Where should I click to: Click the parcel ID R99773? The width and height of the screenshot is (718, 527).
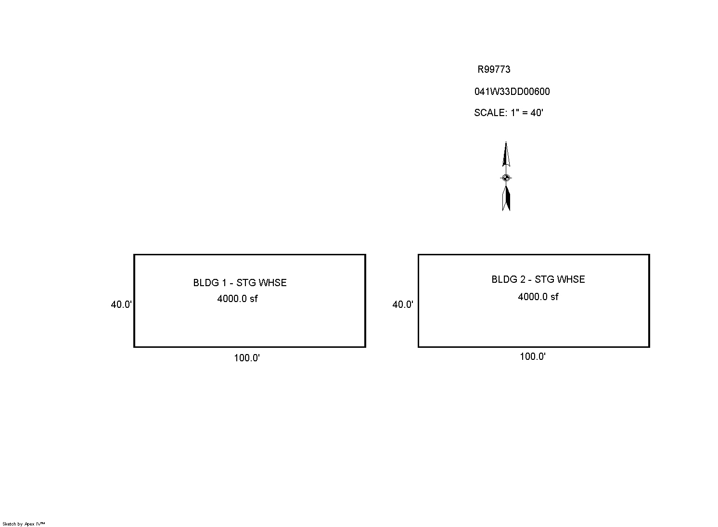(494, 69)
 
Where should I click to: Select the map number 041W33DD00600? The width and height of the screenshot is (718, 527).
(512, 92)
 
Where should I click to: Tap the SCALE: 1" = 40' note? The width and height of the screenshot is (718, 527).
(509, 113)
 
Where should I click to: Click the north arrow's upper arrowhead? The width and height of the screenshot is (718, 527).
(506, 154)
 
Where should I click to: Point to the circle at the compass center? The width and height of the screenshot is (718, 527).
(506, 178)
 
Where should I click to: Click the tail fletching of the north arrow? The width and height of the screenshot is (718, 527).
(506, 198)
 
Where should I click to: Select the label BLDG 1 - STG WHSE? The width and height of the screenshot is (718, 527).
(240, 283)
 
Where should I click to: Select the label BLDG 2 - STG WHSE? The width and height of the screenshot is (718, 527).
(538, 279)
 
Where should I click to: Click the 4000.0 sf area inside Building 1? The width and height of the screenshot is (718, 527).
(237, 299)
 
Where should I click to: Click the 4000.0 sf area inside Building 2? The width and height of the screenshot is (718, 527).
(538, 297)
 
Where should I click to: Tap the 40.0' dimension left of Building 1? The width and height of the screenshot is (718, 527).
(121, 304)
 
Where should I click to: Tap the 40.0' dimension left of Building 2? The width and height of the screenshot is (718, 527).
(403, 304)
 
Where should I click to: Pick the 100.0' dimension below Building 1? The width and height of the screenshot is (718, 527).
(247, 358)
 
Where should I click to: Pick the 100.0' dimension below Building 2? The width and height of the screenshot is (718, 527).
(533, 356)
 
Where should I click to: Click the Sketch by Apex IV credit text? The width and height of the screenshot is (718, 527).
(24, 524)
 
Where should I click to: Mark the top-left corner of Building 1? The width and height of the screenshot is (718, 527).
(134, 255)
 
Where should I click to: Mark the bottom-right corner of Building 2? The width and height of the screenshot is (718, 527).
(649, 346)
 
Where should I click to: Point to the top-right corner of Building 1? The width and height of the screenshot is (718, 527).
(365, 255)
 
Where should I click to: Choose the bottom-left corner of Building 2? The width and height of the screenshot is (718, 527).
(419, 346)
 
